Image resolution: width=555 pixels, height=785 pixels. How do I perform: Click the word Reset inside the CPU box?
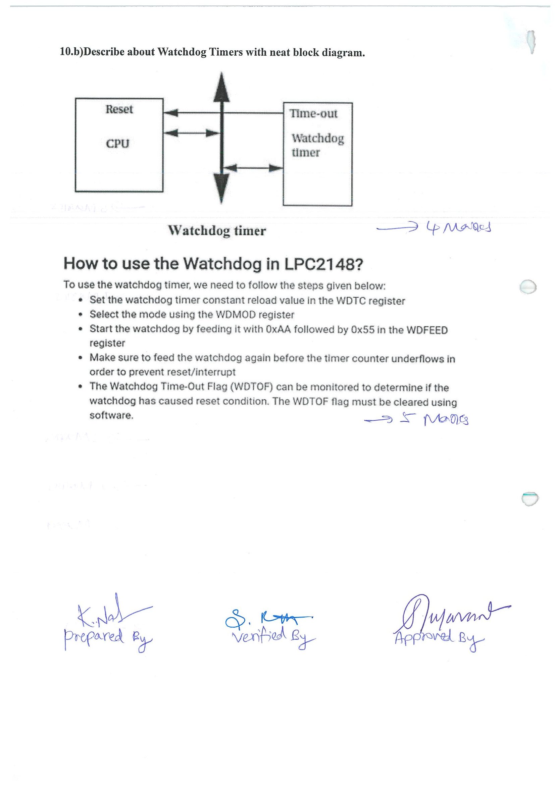(x=119, y=109)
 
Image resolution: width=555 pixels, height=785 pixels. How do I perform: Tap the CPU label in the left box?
(x=118, y=144)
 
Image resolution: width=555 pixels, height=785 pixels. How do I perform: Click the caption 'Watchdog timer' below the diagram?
(x=217, y=231)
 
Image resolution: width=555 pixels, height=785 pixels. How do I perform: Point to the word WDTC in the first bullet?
(x=351, y=301)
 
